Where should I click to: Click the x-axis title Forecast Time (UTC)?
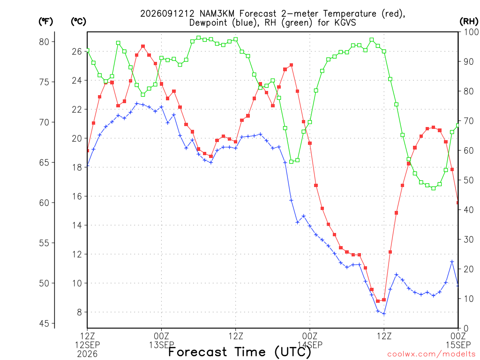pyautogui.click(x=240, y=352)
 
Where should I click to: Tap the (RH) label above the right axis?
pyautogui.click(x=469, y=21)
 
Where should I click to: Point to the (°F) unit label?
pyautogui.click(x=45, y=22)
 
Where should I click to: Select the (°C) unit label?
pyautogui.click(x=78, y=22)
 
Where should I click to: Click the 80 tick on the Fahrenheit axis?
pyautogui.click(x=44, y=42)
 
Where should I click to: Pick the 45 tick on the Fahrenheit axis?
pyautogui.click(x=44, y=323)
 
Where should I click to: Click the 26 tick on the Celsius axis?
pyautogui.click(x=77, y=52)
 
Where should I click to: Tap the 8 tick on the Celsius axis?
pyautogui.click(x=80, y=312)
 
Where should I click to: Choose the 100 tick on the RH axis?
pyautogui.click(x=471, y=32)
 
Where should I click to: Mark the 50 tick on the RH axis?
pyautogui.click(x=469, y=180)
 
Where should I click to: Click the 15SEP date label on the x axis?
pyautogui.click(x=458, y=345)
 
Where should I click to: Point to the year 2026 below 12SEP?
pyautogui.click(x=87, y=354)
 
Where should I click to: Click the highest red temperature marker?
pyautogui.click(x=143, y=46)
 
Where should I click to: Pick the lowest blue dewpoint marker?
pyautogui.click(x=384, y=314)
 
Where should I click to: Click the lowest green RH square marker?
pyautogui.click(x=434, y=188)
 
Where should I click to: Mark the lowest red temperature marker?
pyautogui.click(x=378, y=301)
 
